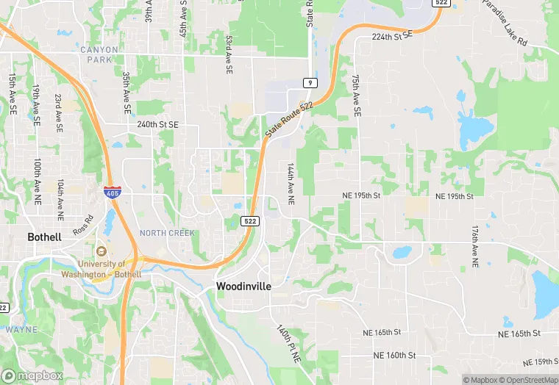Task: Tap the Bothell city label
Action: pyautogui.click(x=44, y=237)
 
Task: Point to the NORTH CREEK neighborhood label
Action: pyautogui.click(x=167, y=233)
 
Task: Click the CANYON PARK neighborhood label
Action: pyautogui.click(x=99, y=50)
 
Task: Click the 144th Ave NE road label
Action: pyautogui.click(x=291, y=183)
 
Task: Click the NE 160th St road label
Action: pyautogui.click(x=395, y=355)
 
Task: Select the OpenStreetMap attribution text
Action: pyautogui.click(x=527, y=380)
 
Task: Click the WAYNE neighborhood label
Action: pyautogui.click(x=21, y=329)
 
